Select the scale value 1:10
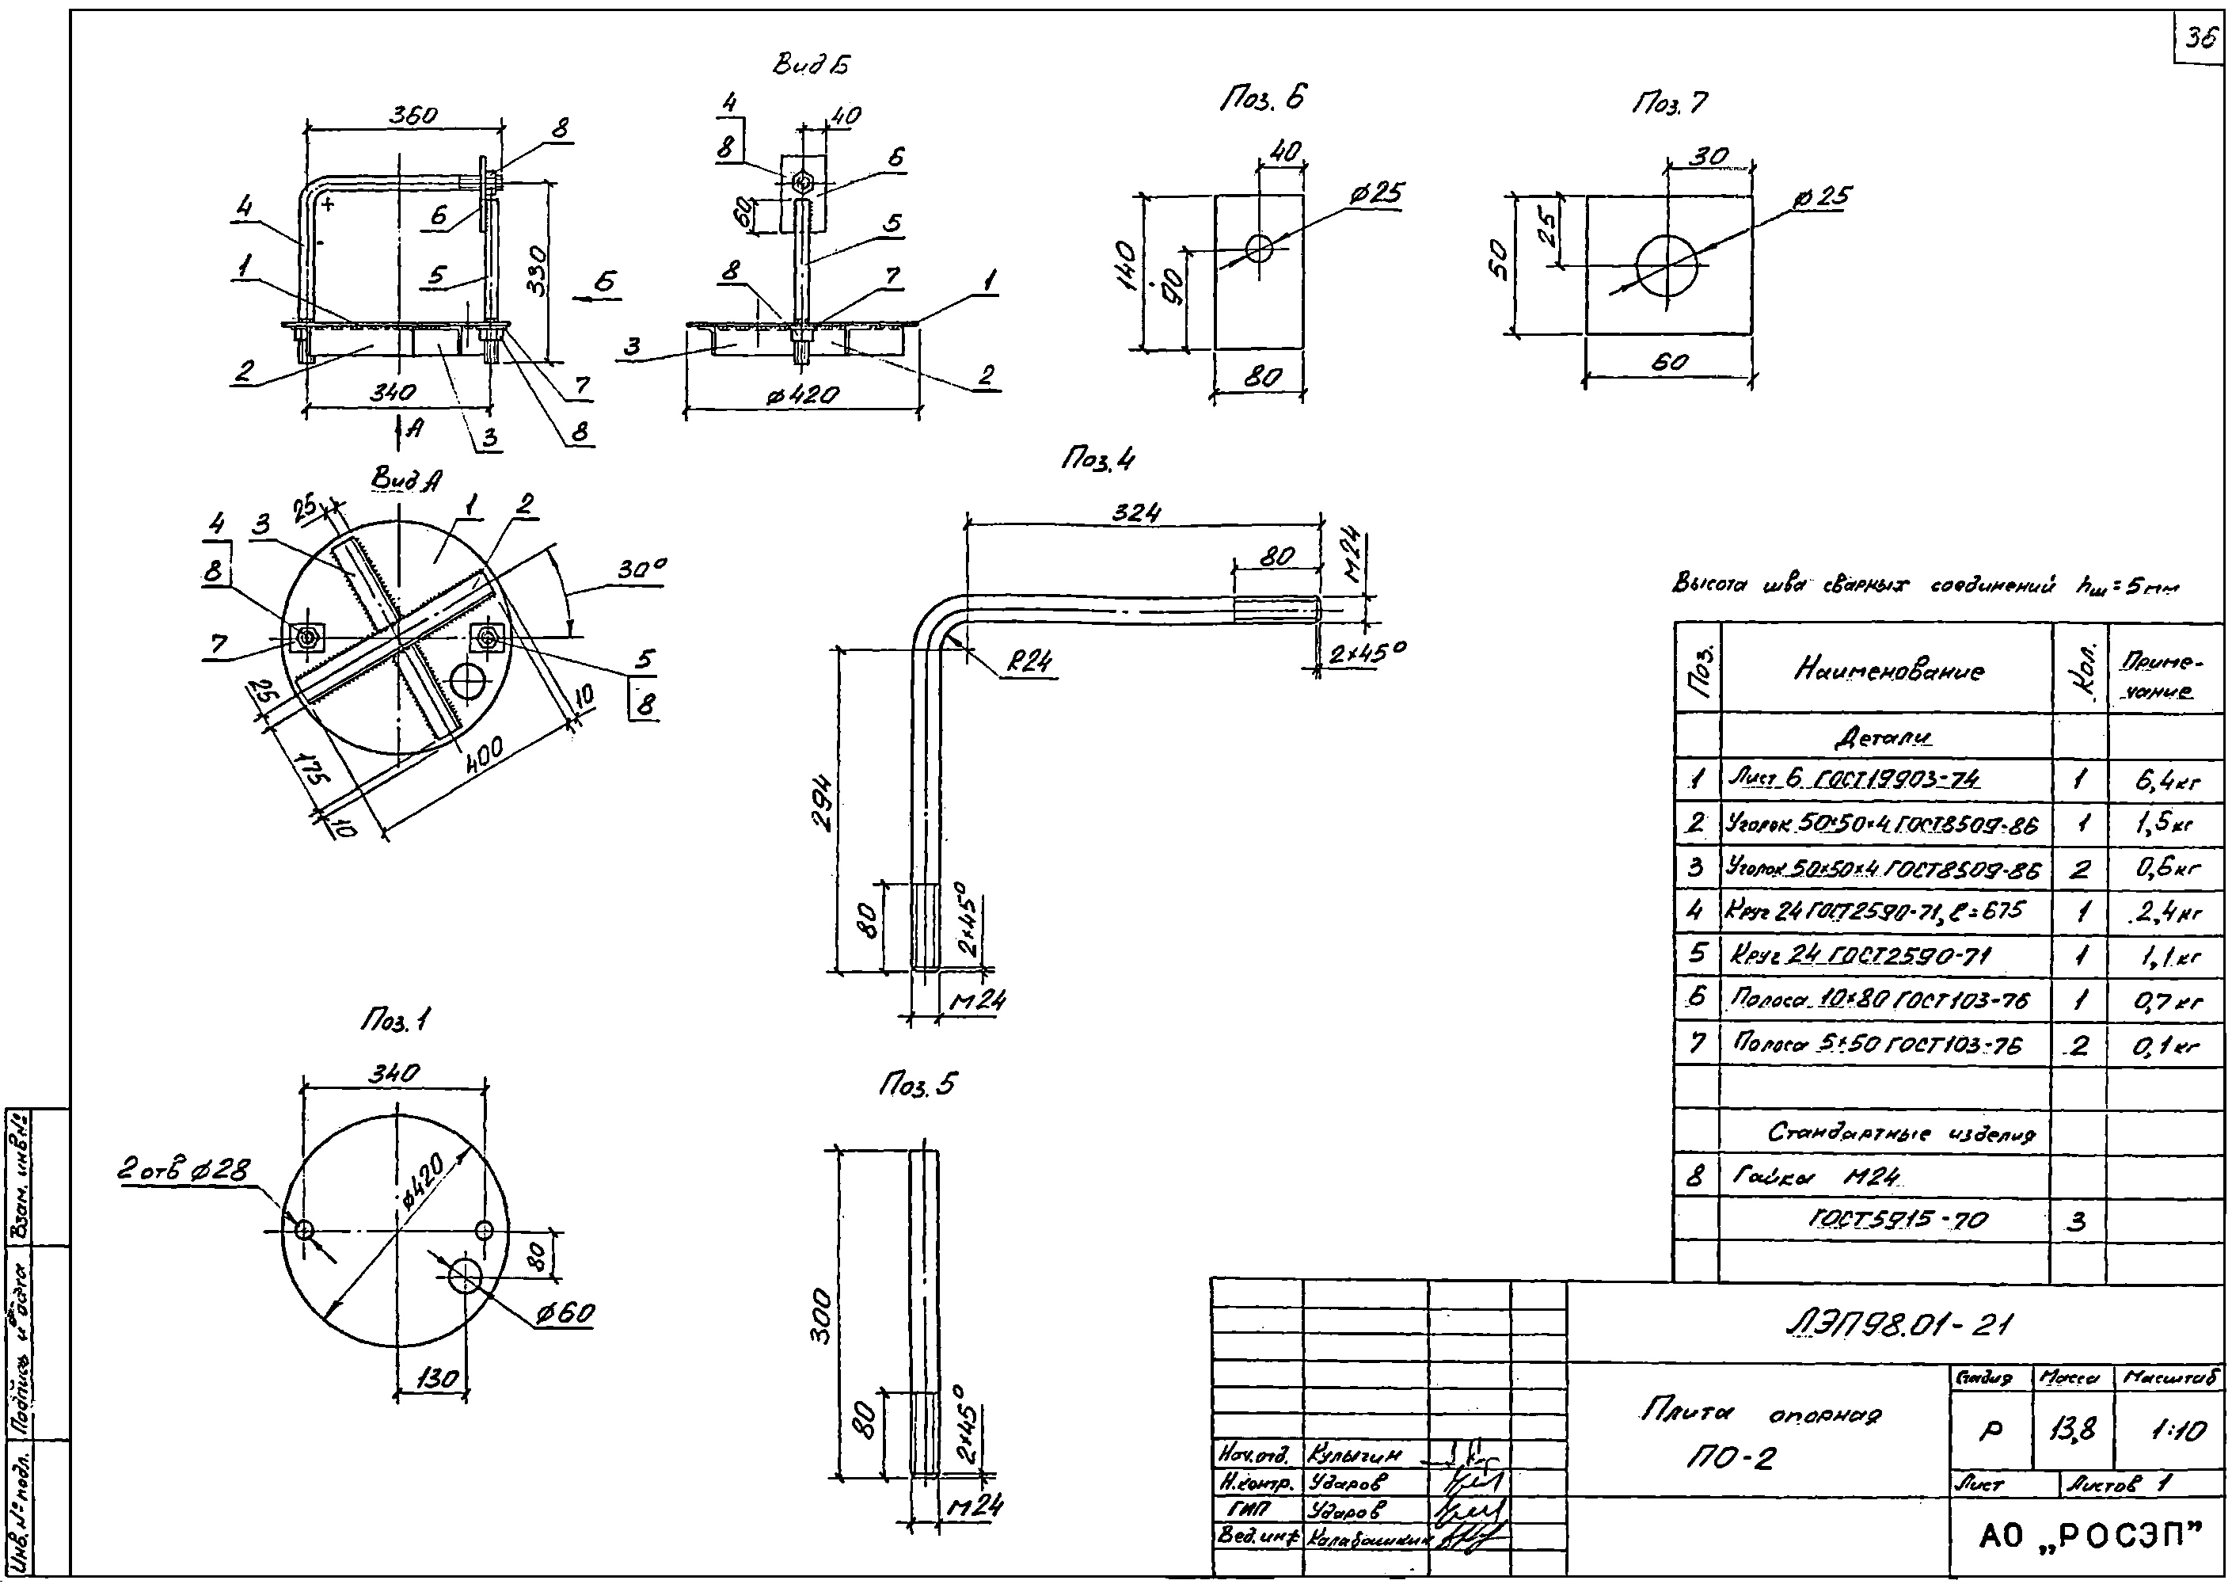2177,1431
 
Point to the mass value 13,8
2073,1431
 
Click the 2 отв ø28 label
184,1170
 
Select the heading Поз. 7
1671,102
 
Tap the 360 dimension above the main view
413,114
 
